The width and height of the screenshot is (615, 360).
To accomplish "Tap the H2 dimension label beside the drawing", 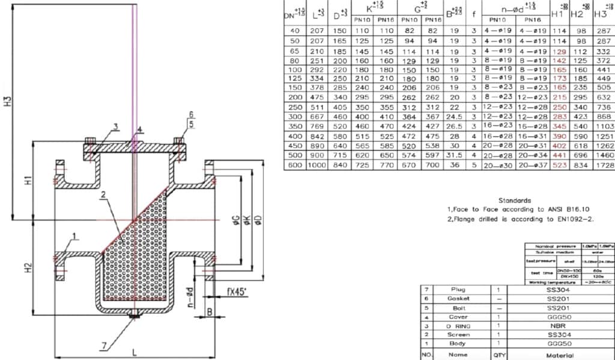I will (x=28, y=269).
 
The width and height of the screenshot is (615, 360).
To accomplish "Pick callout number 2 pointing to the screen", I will (x=103, y=194).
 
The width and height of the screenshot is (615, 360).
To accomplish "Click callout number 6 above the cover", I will (x=191, y=114).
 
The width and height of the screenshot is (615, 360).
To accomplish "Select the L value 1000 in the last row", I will (x=317, y=165).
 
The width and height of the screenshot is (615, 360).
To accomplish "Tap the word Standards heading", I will (x=515, y=200).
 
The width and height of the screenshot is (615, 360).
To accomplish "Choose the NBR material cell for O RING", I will (x=556, y=326).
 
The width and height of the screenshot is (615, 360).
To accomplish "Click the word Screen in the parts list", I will (x=458, y=334).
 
